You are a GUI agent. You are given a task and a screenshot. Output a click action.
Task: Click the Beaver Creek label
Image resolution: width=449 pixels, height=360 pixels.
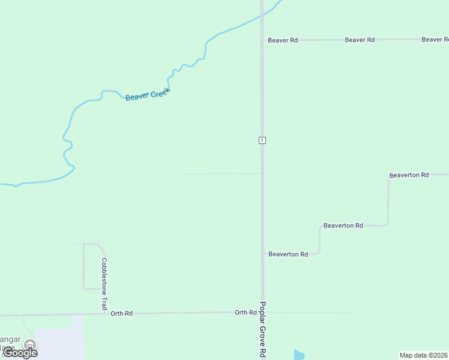(148, 94)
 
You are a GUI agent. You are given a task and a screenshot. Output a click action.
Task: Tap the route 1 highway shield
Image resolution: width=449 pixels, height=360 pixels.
(262, 140)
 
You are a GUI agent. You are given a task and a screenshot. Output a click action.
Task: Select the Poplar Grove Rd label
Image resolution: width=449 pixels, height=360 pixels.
(262, 330)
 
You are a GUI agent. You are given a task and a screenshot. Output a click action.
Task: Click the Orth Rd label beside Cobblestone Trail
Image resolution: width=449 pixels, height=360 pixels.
(121, 313)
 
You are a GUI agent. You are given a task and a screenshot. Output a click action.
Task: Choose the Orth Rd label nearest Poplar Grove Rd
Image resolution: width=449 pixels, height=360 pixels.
(246, 313)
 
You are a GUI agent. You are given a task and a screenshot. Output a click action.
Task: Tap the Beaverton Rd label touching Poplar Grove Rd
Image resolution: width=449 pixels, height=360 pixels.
(288, 254)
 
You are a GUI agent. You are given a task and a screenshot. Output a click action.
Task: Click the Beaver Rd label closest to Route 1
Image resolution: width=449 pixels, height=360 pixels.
(283, 40)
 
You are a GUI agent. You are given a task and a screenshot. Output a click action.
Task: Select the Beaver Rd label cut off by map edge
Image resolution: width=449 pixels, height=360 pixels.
(435, 40)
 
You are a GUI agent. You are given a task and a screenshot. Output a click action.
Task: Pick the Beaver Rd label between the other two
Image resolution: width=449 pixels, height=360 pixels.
(360, 40)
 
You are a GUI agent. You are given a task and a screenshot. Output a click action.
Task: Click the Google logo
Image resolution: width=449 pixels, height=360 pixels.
(20, 353)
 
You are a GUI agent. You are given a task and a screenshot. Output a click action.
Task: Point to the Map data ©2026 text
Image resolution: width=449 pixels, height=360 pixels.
(423, 355)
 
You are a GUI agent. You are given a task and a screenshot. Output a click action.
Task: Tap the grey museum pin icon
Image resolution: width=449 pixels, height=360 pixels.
(29, 344)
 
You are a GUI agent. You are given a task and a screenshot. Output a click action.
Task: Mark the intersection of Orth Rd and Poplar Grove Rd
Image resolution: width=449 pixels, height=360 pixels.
(262, 313)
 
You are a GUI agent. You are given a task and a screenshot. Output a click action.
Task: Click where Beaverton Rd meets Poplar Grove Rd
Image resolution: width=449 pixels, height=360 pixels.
(263, 254)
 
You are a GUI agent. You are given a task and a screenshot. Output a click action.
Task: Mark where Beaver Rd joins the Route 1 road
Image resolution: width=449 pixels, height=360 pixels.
(262, 40)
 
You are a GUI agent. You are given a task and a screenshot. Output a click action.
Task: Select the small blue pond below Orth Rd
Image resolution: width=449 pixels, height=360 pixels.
(299, 355)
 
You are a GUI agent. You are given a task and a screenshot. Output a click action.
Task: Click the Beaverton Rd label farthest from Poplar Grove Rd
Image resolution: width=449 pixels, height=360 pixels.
(409, 175)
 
